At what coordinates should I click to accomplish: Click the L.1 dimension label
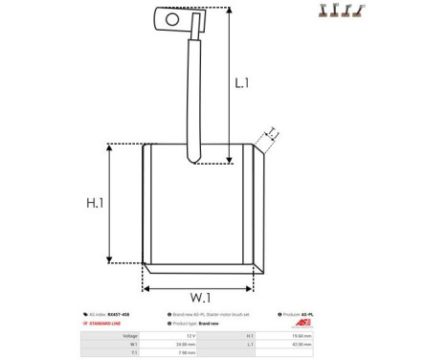point(242,83)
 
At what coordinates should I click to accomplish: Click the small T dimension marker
point(272,133)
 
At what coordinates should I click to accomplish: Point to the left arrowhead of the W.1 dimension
point(146,287)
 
